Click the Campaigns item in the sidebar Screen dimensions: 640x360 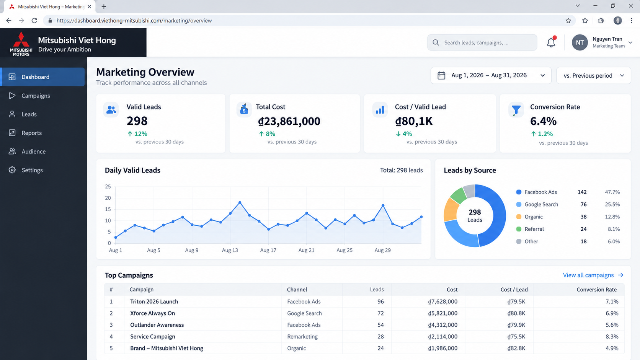[x=36, y=96]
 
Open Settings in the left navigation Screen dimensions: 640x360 [x=32, y=170]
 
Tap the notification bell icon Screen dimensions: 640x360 [x=551, y=42]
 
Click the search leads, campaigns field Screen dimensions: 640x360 [x=482, y=42]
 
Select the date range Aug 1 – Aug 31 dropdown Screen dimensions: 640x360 [x=491, y=75]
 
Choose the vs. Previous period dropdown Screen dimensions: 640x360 [x=593, y=75]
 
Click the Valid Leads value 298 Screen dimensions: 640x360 [x=137, y=121]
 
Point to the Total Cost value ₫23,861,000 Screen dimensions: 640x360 [x=289, y=121]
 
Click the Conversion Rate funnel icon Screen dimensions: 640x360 [x=516, y=110]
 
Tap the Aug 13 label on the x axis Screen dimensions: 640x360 [x=230, y=250]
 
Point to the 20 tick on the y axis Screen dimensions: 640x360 [x=108, y=198]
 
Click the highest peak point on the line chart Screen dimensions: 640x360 [x=240, y=202]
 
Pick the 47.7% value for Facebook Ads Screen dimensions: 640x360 [x=612, y=192]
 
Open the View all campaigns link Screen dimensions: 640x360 [x=593, y=275]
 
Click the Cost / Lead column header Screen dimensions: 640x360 [x=514, y=290]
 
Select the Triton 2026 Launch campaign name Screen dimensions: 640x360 [x=154, y=301]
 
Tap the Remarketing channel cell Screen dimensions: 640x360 [x=302, y=337]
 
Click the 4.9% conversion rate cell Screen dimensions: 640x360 [x=612, y=348]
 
